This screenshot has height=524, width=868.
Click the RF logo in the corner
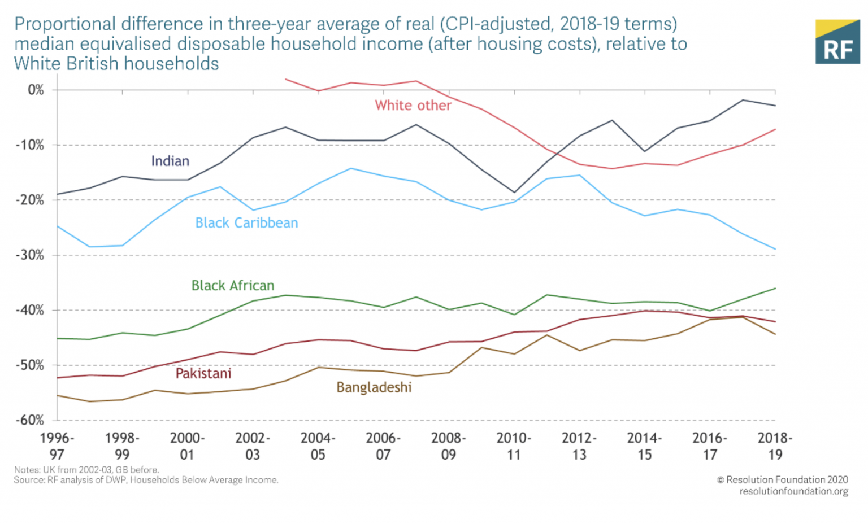pos(837,42)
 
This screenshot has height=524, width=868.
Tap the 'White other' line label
pos(413,106)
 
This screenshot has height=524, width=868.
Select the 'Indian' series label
pos(170,161)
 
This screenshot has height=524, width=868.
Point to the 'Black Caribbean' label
pos(246,223)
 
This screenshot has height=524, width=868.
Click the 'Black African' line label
pos(233,286)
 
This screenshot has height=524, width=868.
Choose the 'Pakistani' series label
pos(203,374)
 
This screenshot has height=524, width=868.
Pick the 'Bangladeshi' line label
pos(374,387)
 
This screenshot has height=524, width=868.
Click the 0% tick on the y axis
pos(36,90)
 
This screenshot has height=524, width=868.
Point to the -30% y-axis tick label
pos(29,255)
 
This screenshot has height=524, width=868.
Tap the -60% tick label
pos(29,420)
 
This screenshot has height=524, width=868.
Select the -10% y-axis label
pos(29,145)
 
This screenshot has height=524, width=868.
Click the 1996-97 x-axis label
pos(57,446)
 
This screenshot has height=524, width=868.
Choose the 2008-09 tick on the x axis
pos(448,446)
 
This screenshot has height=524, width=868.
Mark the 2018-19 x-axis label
pos(775,446)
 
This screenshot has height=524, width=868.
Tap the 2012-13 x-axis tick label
pos(579,446)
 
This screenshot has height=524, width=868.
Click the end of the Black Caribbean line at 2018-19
pos(775,249)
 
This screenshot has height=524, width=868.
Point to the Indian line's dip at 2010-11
pos(514,193)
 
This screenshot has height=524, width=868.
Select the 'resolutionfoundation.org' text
pos(793,491)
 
